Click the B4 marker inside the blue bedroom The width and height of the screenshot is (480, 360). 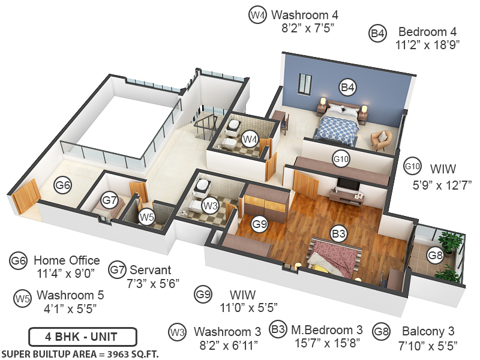[348, 87]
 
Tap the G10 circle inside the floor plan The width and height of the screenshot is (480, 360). [341, 159]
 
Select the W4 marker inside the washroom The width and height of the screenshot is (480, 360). [250, 139]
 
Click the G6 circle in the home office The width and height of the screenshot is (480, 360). [63, 185]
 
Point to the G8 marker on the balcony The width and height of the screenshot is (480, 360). [435, 255]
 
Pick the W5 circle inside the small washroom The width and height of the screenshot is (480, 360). [146, 217]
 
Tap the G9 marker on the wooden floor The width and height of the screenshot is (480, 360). [259, 224]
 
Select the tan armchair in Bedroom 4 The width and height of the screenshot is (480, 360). [381, 140]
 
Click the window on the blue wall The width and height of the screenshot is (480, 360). [305, 83]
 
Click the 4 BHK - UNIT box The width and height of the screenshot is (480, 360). [82, 337]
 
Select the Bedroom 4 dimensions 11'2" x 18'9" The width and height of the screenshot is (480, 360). [427, 46]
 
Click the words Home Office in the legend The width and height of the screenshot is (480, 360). [67, 260]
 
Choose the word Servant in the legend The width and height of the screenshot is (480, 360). [151, 270]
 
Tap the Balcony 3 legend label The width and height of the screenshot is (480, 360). [428, 331]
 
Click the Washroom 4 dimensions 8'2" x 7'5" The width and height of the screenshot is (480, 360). [308, 28]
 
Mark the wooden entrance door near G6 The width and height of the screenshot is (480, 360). [26, 196]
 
